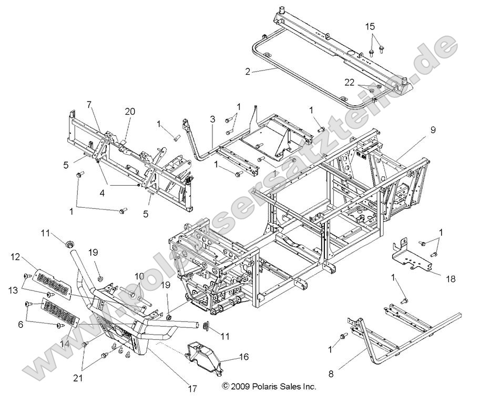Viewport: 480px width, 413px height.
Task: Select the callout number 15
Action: [x=370, y=26]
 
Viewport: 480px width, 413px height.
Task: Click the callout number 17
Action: [x=192, y=388]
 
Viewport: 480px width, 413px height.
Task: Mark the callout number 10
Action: [x=139, y=276]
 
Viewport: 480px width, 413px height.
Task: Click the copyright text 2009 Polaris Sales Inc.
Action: [x=269, y=386]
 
